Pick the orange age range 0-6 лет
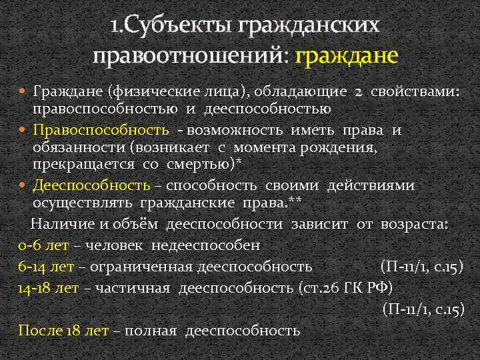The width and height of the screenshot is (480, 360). pos(45,245)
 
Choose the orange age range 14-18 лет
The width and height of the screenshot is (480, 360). pos(52,288)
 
